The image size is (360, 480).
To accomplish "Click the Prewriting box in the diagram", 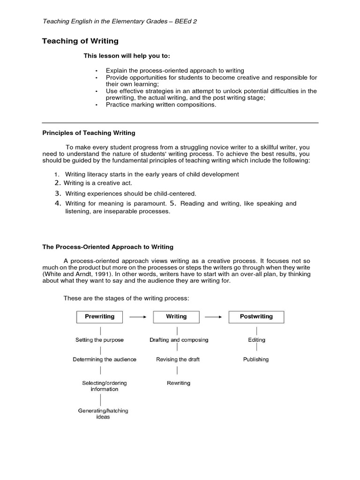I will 99,317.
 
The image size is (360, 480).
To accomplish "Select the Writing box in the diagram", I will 176,317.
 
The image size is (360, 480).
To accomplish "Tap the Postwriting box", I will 256,317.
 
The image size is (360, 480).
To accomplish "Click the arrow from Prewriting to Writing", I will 138,317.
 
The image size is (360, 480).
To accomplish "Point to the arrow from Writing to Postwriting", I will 213,317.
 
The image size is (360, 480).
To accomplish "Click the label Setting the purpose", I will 99,340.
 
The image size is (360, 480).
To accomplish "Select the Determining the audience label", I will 105,360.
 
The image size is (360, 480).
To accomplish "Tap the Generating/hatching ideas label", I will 103,414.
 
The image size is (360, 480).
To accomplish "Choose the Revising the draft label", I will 178,360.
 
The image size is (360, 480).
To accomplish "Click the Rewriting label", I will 179,383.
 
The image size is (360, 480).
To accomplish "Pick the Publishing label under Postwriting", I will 256,360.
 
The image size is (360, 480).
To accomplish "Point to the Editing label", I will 256,340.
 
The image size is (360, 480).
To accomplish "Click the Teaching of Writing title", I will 80,41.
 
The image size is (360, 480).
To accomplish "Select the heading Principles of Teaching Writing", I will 89,133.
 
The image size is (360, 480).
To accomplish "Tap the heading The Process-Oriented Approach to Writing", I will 108,247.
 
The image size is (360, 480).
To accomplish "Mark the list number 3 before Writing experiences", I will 58,193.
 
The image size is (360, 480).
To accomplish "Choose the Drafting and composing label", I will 179,340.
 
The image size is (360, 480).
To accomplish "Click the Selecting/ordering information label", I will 105,386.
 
